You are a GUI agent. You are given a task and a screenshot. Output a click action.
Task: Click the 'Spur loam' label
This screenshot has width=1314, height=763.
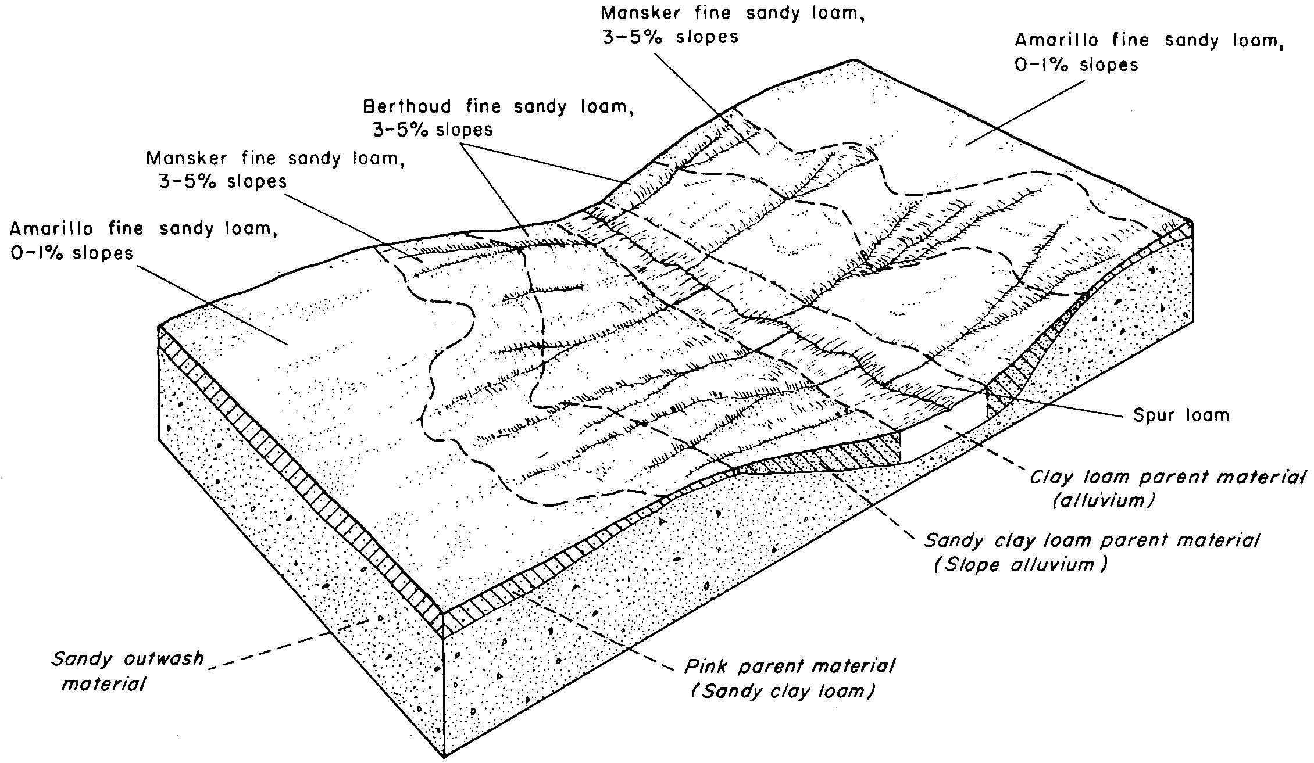(1181, 415)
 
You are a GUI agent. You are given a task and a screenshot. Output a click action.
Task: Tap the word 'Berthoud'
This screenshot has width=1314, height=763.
(407, 107)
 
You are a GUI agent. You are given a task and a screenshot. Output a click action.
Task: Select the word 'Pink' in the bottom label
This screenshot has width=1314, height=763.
(705, 665)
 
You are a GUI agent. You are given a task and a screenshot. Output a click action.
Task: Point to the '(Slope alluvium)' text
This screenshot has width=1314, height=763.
(1020, 565)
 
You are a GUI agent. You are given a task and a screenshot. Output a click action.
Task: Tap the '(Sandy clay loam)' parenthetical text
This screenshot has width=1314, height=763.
(783, 692)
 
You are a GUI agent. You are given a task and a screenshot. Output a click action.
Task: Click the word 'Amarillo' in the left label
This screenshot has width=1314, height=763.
(52, 229)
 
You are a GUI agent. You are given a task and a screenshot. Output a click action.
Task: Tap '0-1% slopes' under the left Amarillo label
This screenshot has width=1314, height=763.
(72, 253)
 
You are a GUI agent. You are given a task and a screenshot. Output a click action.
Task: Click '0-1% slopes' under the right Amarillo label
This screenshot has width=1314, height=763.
(1077, 65)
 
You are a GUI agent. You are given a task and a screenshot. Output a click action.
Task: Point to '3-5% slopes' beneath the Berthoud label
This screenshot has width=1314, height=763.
(433, 130)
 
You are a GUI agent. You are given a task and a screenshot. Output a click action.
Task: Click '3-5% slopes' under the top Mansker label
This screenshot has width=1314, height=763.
(670, 37)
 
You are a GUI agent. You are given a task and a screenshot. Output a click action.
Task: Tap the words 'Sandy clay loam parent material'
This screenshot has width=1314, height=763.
(1092, 541)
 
